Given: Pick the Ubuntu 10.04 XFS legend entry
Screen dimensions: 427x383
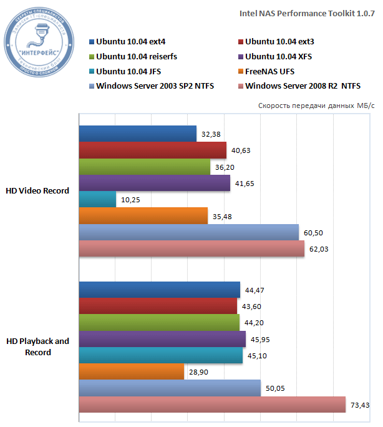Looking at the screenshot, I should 278,57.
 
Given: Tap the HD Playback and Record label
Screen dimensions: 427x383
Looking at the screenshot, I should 37,346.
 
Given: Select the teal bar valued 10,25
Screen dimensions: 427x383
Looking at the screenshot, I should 97,199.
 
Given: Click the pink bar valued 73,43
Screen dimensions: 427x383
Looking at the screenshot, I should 212,405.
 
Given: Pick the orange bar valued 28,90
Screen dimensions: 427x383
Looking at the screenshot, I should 132,372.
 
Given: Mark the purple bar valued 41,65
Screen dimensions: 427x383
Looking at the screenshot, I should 154,183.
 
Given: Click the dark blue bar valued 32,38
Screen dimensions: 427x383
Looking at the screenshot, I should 137,134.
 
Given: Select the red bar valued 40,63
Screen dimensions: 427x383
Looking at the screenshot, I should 152,150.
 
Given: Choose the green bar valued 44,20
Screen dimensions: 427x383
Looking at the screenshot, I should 159,323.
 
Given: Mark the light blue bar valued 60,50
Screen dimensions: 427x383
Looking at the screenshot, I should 188,232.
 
